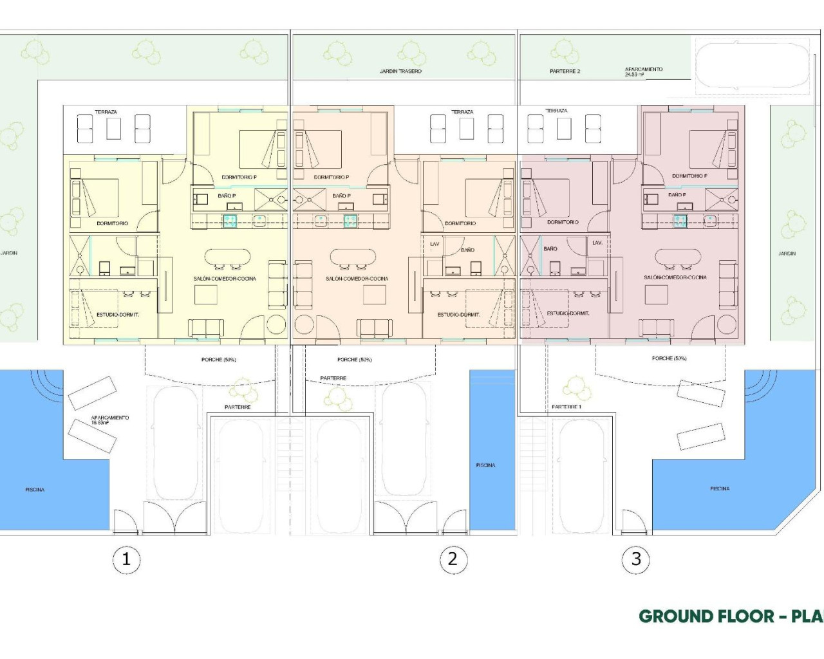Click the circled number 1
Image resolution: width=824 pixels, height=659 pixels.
pos(126,559)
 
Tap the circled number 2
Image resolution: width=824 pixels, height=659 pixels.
pos(453,559)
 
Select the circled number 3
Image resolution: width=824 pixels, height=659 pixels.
pos(636,559)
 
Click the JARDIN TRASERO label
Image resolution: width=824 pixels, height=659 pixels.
pos(400,71)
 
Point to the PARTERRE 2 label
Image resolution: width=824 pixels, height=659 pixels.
pos(565,71)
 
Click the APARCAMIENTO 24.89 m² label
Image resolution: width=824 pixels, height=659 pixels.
pos(643,71)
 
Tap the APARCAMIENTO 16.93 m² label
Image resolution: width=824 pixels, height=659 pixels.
pos(110,420)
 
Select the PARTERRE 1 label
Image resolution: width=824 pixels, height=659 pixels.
pos(566,407)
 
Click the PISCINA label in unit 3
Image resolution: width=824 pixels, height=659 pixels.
pos(720,488)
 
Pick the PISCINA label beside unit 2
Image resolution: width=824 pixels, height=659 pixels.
pos(485,465)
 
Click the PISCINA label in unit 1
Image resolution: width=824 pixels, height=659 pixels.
pos(35,490)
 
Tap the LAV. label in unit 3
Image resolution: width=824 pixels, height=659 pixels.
pos(597,243)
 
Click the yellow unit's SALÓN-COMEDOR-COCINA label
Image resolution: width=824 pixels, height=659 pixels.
pos(225,279)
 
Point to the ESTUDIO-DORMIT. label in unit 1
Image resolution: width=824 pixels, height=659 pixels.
pos(118,314)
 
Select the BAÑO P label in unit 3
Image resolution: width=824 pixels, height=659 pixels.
pos(677,194)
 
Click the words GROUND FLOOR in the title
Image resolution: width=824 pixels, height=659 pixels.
pos(706,616)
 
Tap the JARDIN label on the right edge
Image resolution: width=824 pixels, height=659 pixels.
pos(787,254)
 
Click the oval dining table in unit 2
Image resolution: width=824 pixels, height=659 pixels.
pos(353,257)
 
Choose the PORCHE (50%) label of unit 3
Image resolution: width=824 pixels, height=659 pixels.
pos(669,358)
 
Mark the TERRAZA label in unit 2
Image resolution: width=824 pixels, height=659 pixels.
pos(462,112)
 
